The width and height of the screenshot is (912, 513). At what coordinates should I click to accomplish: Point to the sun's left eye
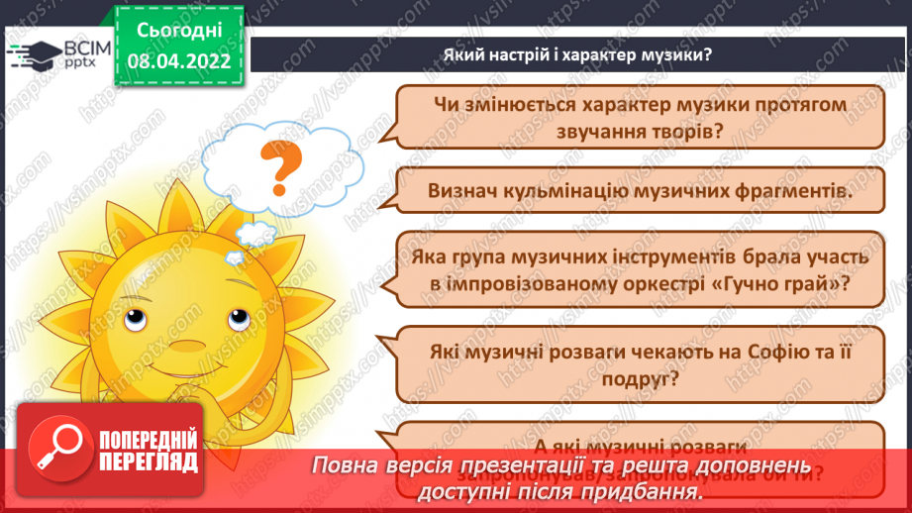(136, 321)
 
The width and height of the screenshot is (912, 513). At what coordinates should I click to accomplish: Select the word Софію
(771, 350)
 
